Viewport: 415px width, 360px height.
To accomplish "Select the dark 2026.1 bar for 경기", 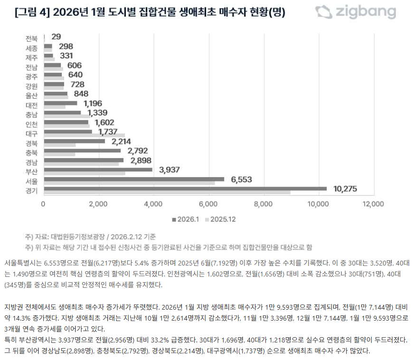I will (x=185, y=189).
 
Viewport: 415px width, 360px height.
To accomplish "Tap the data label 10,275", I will (x=345, y=189).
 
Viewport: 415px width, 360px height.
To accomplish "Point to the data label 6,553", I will (x=241, y=180).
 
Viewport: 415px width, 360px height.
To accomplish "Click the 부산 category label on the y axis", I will (x=32, y=171).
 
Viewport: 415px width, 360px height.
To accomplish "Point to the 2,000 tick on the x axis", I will (x=98, y=204).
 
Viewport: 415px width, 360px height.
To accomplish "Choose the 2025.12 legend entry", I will (x=220, y=219).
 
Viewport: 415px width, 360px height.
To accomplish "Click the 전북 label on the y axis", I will (x=32, y=38).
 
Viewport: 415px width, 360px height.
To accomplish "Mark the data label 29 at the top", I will (x=56, y=37).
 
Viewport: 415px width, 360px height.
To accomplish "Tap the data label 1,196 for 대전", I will (x=93, y=103).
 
